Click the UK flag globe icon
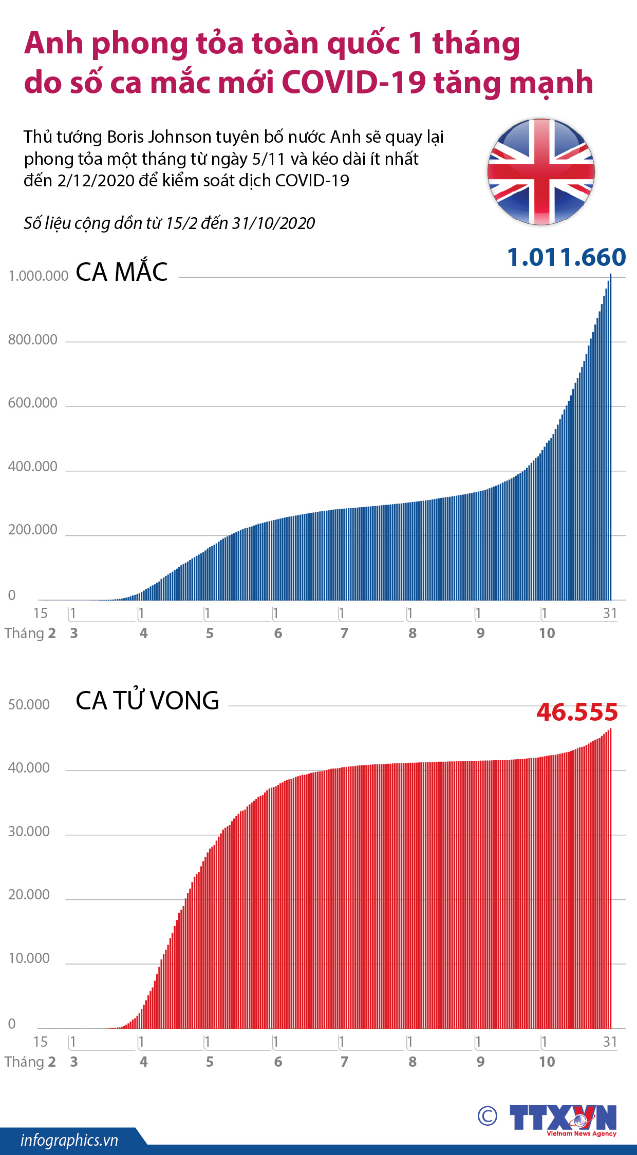pyautogui.click(x=541, y=171)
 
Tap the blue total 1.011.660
pyautogui.click(x=566, y=257)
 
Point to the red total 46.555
pyautogui.click(x=577, y=712)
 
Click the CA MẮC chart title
pyautogui.click(x=122, y=272)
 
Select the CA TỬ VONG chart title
pyautogui.click(x=147, y=700)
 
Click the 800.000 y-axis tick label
pyautogui.click(x=32, y=340)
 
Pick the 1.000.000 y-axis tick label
pyautogui.click(x=39, y=276)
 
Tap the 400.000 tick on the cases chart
pyautogui.click(x=32, y=467)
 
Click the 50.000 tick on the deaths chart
pyautogui.click(x=29, y=704)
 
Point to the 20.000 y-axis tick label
pyautogui.click(x=29, y=895)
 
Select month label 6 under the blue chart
pyautogui.click(x=278, y=633)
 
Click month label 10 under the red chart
pyautogui.click(x=547, y=1062)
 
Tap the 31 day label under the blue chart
pyautogui.click(x=610, y=613)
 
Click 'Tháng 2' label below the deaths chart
pyautogui.click(x=30, y=1062)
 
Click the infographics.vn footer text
pyautogui.click(x=69, y=1140)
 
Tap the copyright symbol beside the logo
pyautogui.click(x=488, y=1115)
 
